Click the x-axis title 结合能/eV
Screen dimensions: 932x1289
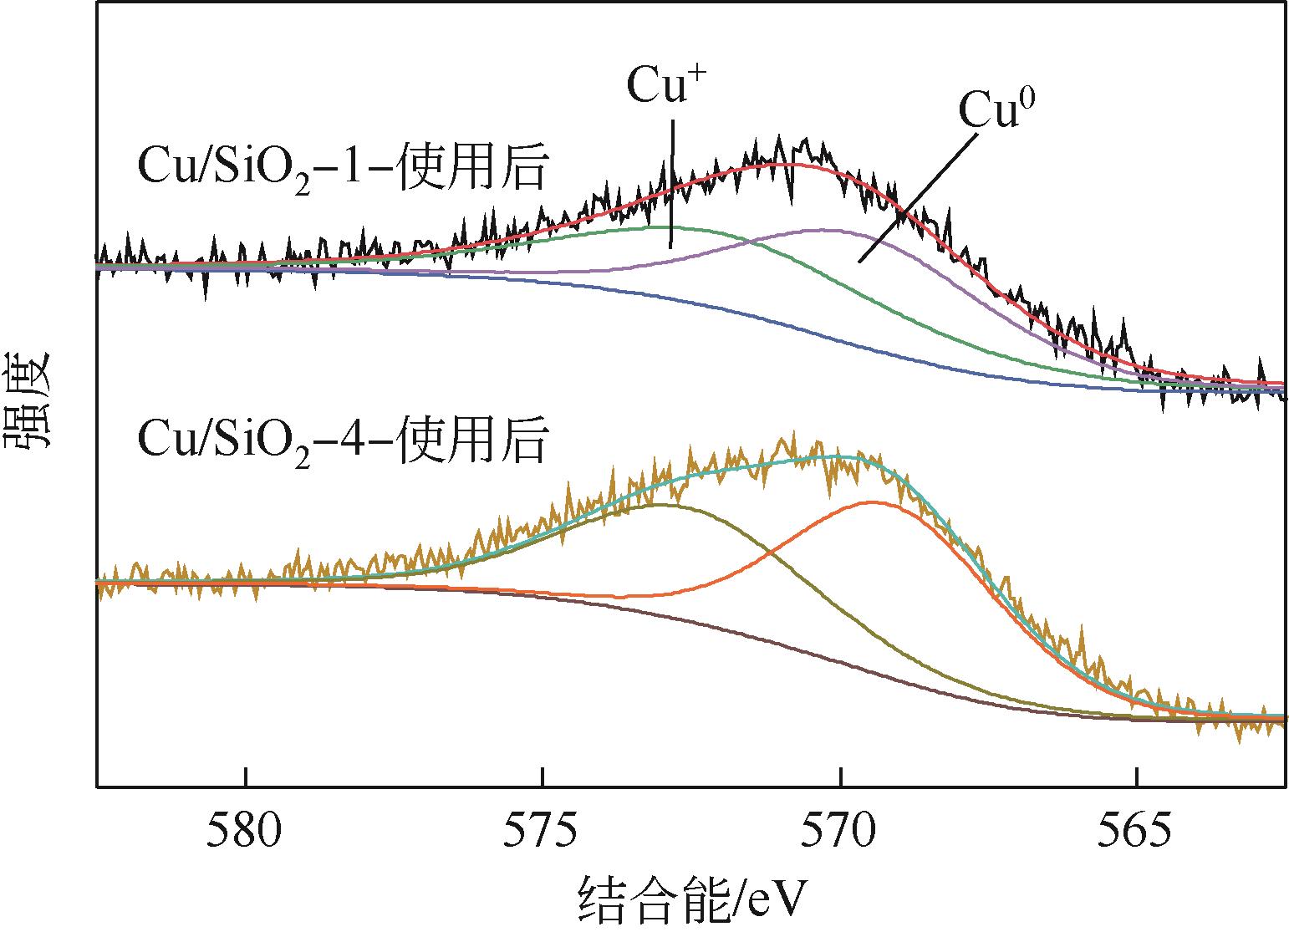pos(694,901)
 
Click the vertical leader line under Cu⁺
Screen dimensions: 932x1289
pos(670,184)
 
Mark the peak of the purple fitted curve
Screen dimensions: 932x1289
pos(823,230)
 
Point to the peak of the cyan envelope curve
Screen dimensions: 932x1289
pos(836,456)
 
